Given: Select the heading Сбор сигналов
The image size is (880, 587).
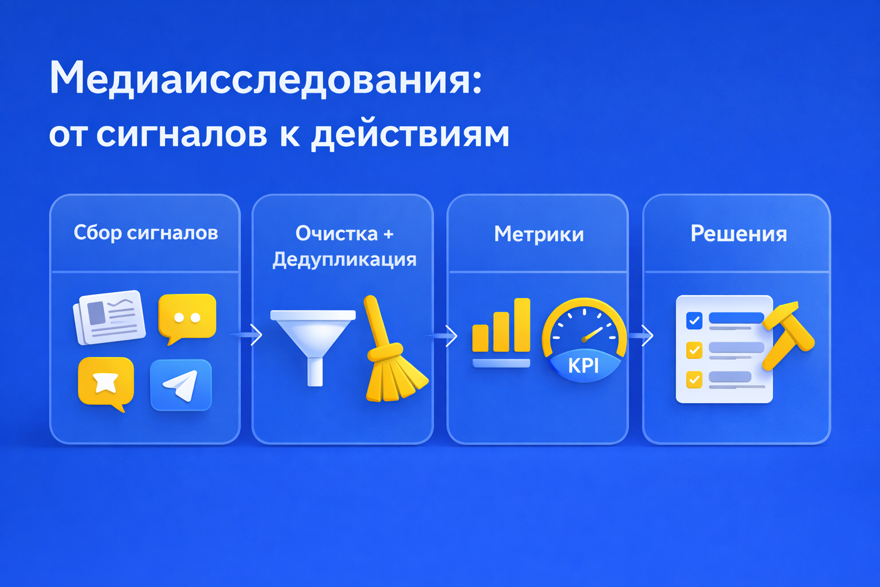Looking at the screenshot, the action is tap(146, 233).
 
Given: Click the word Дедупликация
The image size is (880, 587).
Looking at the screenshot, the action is tap(344, 260).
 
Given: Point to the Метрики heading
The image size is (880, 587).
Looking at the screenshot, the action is tap(539, 234).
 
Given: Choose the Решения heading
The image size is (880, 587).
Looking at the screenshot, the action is tap(738, 233).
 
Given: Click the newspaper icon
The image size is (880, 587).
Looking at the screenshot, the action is tap(109, 318).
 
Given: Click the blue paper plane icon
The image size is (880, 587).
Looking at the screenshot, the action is tap(181, 385).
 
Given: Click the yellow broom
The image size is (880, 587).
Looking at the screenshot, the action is tap(393, 350).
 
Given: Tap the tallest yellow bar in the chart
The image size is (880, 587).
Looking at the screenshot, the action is tap(522, 325).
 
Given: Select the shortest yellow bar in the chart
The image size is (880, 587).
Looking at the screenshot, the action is tap(480, 338).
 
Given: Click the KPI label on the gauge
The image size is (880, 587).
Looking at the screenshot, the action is tap(583, 366).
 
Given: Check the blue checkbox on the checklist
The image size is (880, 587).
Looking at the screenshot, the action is tap(694, 320).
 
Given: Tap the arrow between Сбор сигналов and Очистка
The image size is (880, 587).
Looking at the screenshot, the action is tap(247, 335).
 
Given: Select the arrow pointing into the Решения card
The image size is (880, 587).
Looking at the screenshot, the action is tap(641, 335).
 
